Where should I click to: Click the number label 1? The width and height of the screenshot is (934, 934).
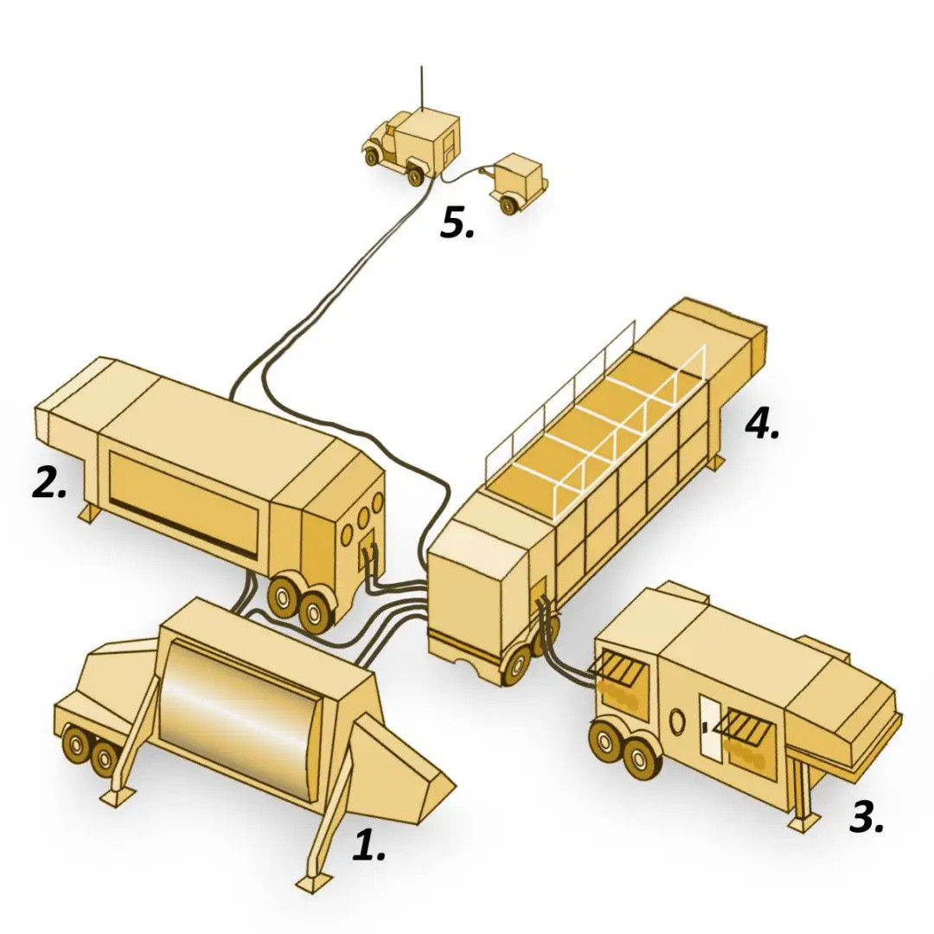pos(368,845)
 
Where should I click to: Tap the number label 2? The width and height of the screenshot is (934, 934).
pos(49,483)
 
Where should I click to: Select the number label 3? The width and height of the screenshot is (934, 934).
pos(867,816)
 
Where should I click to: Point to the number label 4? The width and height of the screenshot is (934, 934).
pos(762,423)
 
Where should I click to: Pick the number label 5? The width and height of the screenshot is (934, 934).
pos(457,223)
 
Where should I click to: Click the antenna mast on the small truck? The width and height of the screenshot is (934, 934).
pos(421,86)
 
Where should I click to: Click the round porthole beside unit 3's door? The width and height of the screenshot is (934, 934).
pos(676,720)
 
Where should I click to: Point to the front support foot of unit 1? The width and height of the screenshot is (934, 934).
pos(313,882)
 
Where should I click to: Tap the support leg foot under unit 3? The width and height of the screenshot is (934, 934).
pos(804,822)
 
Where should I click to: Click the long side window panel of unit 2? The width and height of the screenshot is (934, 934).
pos(183,505)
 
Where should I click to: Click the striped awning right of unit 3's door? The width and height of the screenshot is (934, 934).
pos(745,726)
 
